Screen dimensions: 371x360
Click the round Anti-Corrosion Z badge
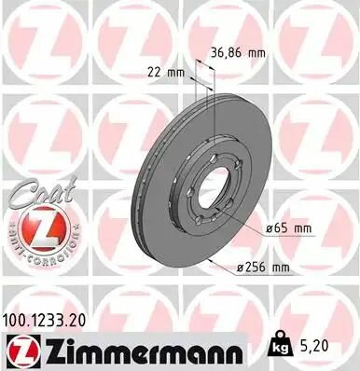pyautogui.click(x=35, y=229)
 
